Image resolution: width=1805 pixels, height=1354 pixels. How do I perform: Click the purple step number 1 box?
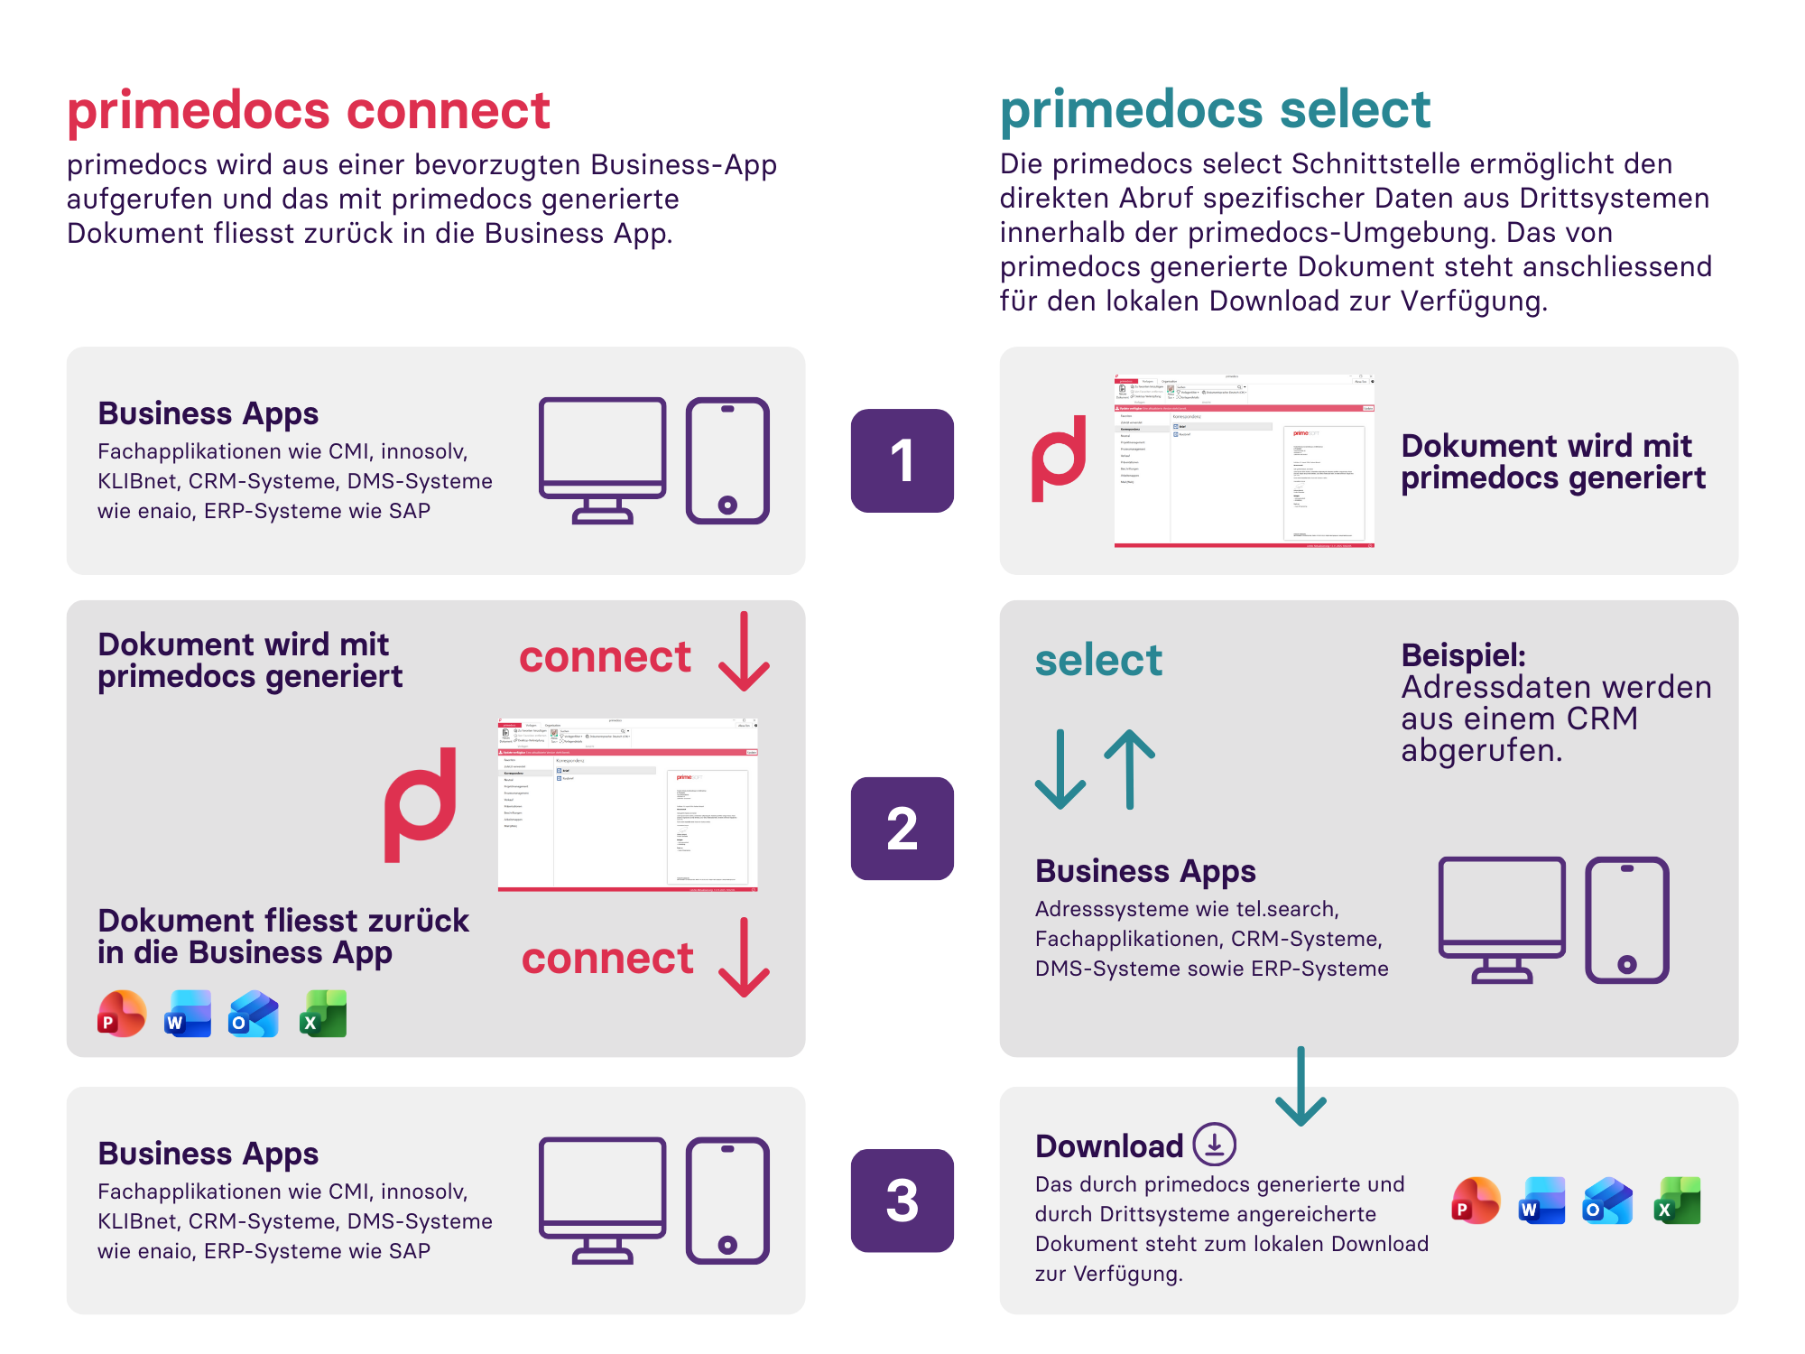tap(902, 461)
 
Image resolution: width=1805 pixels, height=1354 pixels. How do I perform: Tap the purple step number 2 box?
tap(902, 829)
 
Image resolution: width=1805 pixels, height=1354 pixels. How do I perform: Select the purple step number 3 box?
tap(902, 1201)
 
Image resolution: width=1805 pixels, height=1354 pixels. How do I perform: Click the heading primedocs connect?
tap(308, 110)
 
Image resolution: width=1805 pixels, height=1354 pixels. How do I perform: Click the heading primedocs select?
tap(1215, 110)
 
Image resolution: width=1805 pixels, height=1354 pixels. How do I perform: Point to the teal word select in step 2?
tap(1098, 660)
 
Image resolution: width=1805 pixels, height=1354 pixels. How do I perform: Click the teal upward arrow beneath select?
tap(1130, 769)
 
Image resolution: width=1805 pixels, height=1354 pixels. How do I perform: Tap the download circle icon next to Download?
tap(1214, 1145)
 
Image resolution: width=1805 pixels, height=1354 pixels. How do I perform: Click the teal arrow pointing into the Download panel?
tap(1301, 1088)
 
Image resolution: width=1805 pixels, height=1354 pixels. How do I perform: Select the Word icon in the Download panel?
tap(1541, 1201)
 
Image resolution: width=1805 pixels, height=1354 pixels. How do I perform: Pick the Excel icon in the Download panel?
tap(1677, 1201)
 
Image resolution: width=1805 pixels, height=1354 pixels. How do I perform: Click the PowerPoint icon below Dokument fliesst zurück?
tap(122, 1014)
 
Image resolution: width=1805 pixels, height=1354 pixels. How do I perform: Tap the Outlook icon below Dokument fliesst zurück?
tap(254, 1014)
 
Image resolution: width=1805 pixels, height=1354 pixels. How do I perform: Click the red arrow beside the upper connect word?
tap(744, 652)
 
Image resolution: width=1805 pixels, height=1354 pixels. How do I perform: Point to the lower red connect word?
tap(607, 958)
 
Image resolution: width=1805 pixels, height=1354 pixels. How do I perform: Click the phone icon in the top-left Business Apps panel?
tap(727, 461)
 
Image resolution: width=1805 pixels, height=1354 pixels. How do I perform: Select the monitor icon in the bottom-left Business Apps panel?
tap(602, 1200)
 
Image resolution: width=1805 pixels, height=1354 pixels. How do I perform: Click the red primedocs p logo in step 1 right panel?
tap(1060, 459)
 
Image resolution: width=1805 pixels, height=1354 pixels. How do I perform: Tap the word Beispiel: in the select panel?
tap(1463, 655)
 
